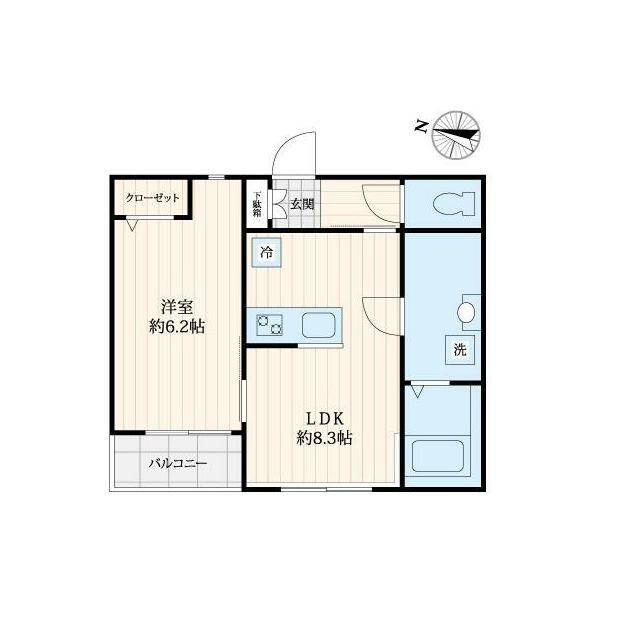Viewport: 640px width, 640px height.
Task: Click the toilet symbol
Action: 453,203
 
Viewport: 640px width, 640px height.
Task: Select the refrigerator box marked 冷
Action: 267,253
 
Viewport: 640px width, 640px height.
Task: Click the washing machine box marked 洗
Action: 460,350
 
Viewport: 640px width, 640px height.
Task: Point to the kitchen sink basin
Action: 319,325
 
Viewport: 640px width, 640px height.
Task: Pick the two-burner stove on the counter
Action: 269,325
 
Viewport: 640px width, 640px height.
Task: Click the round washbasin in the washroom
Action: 466,313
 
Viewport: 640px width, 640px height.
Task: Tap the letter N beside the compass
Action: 421,127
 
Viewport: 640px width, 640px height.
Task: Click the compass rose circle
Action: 456,135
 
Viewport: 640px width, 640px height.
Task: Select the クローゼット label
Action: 152,198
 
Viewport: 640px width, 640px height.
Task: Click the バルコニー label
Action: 177,464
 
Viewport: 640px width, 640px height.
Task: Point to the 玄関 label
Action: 302,204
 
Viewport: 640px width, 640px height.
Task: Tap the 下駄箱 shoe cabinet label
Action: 257,204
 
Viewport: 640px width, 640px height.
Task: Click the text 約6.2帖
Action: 177,326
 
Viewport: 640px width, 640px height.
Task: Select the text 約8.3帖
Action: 324,438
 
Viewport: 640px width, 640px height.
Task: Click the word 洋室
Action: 177,307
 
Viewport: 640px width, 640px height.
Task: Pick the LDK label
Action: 324,418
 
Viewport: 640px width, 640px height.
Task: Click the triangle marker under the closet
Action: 131,225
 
